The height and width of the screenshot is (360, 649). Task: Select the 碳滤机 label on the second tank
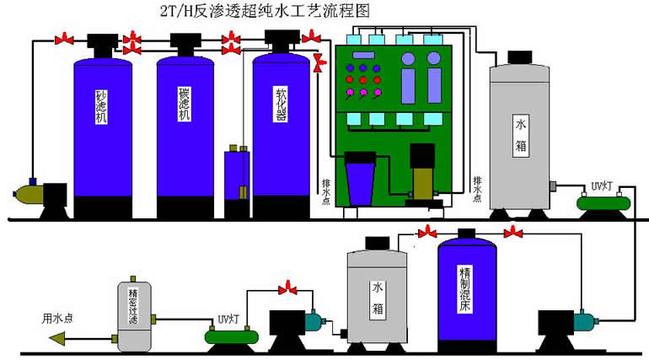tap(184, 103)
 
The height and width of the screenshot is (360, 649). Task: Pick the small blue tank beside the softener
tap(237, 175)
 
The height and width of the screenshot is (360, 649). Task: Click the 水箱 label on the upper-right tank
tap(521, 135)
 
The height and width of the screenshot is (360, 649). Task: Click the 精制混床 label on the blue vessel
tap(464, 287)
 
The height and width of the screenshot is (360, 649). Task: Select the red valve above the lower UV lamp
tap(289, 289)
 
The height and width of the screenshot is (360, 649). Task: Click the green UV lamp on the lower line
tap(231, 336)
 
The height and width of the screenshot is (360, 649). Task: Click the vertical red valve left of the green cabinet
tap(319, 62)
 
